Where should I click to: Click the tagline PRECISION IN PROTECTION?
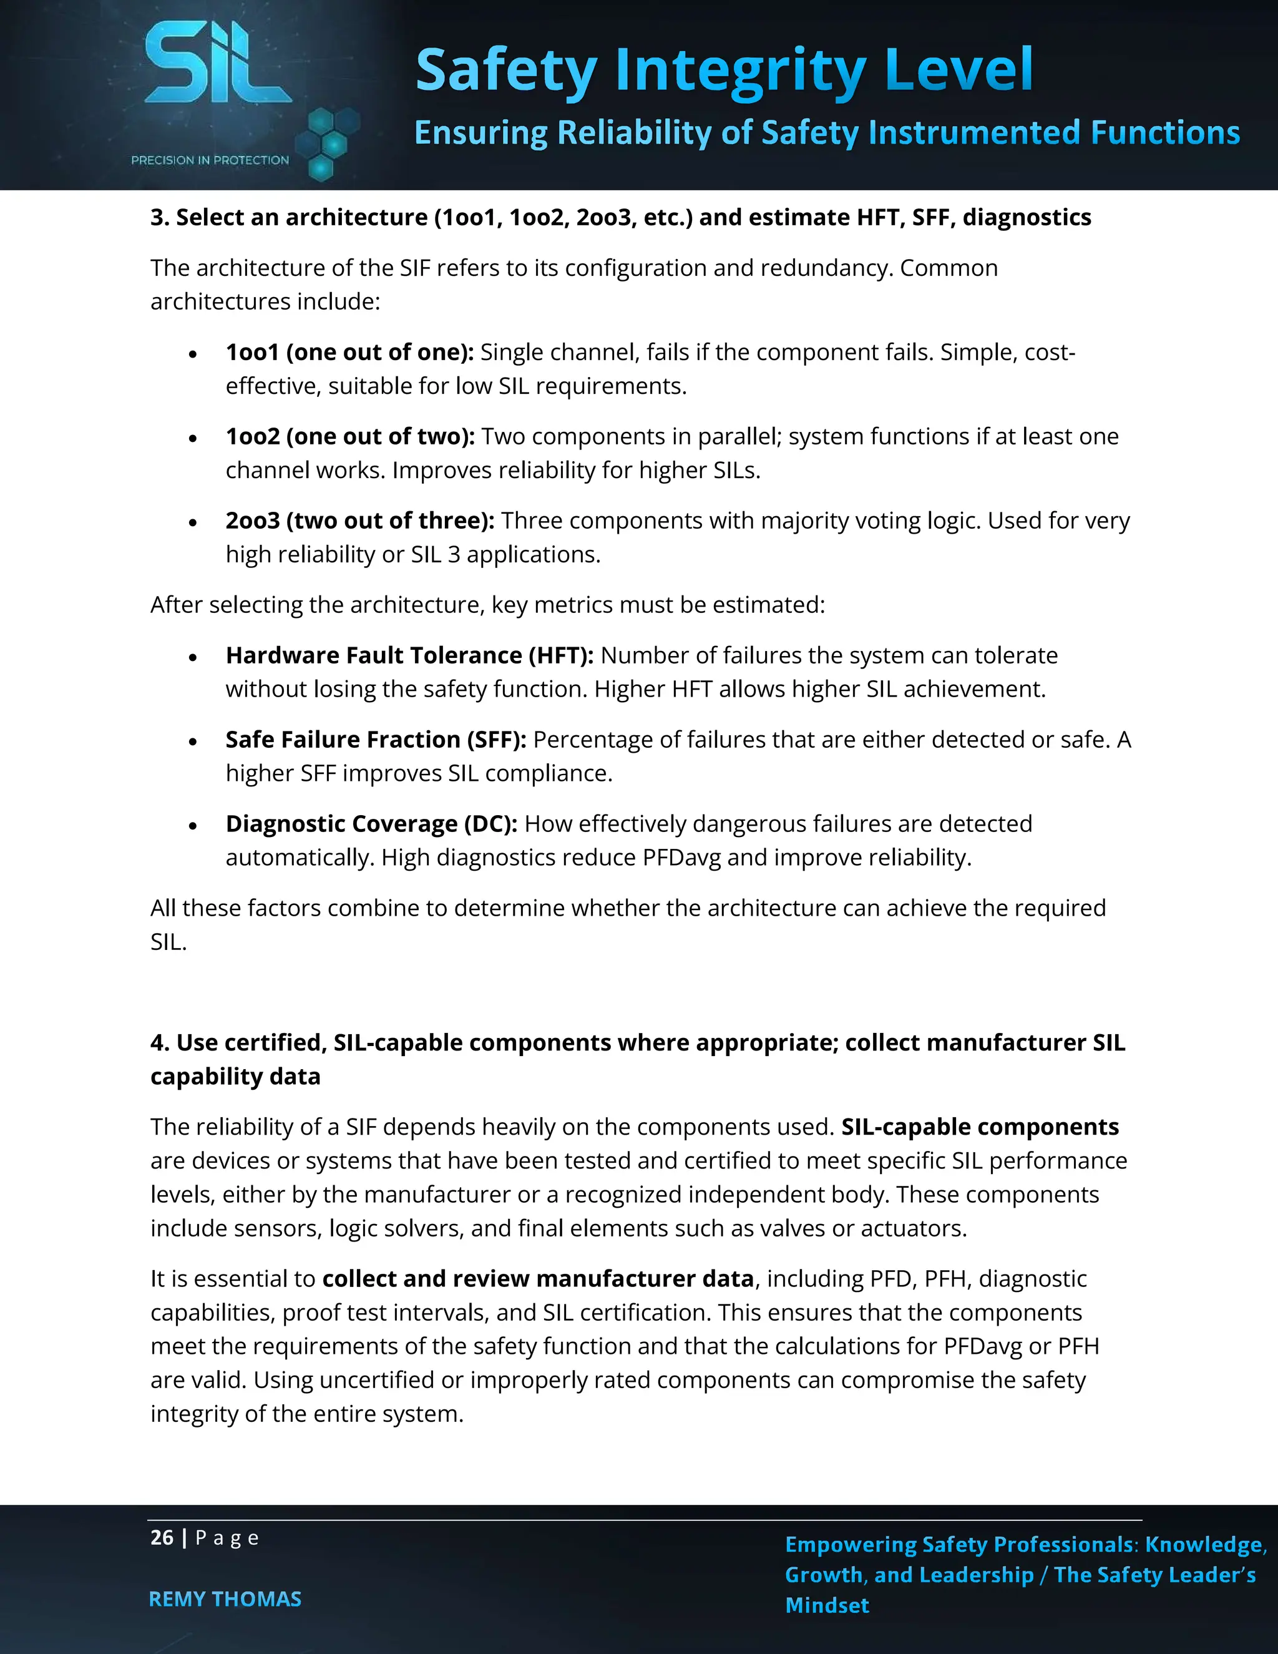pos(210,160)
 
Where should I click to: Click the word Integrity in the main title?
pos(739,71)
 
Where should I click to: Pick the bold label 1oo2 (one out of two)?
pos(350,436)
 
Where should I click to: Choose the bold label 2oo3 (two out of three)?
pos(359,521)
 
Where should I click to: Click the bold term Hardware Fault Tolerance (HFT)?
pos(409,655)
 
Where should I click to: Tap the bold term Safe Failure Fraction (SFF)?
pos(376,739)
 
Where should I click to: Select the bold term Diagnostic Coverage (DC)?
pos(371,823)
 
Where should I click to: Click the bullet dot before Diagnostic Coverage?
pos(194,826)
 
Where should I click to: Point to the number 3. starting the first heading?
pos(159,218)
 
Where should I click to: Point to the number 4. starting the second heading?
pos(159,1043)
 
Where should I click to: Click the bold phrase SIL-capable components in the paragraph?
pos(980,1127)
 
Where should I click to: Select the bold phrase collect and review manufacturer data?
pos(537,1278)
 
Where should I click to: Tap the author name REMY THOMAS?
pos(225,1598)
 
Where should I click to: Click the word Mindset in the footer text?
pos(827,1605)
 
